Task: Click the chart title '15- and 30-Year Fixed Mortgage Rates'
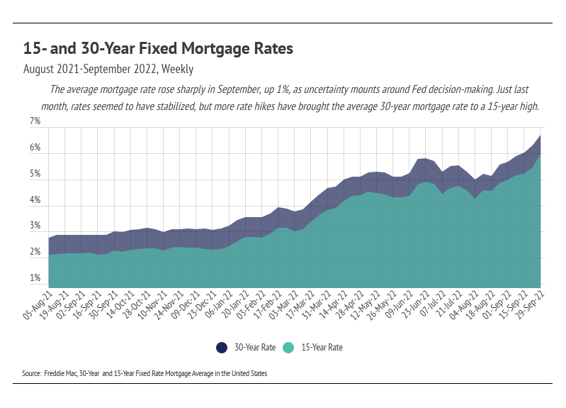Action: click(158, 49)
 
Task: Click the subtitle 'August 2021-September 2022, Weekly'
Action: click(108, 70)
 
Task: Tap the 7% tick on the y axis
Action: click(35, 122)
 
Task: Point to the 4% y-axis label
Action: click(35, 201)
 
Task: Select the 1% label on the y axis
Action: click(35, 279)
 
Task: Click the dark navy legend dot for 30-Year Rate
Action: click(222, 348)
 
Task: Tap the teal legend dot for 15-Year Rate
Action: click(288, 348)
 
